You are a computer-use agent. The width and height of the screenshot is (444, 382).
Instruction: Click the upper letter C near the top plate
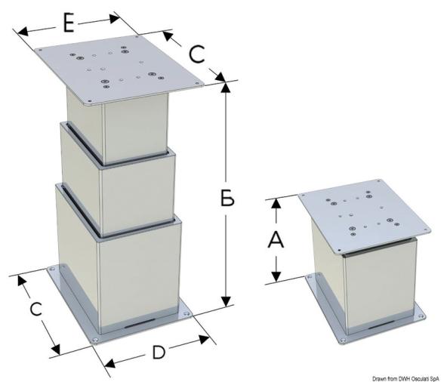click(197, 54)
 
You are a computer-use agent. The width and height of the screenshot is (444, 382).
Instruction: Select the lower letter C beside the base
click(36, 310)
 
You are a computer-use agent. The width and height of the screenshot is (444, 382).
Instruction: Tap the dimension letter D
click(159, 353)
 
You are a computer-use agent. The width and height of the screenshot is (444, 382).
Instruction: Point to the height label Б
click(227, 197)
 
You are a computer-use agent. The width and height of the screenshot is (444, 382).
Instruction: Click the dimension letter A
click(276, 240)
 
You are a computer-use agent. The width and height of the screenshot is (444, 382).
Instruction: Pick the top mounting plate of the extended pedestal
click(119, 69)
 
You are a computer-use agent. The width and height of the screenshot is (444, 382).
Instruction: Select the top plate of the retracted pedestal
click(365, 215)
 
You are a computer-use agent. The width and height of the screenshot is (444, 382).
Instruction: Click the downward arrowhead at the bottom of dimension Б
click(226, 301)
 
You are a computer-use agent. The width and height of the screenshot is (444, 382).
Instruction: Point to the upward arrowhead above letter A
click(276, 204)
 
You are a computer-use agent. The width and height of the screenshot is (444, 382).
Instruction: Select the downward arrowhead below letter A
click(276, 276)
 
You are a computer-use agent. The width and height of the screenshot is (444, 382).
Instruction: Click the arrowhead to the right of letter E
click(115, 19)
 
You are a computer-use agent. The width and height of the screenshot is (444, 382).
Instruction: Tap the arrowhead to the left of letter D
click(110, 363)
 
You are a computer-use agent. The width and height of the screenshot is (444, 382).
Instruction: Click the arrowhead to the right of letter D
click(204, 339)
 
